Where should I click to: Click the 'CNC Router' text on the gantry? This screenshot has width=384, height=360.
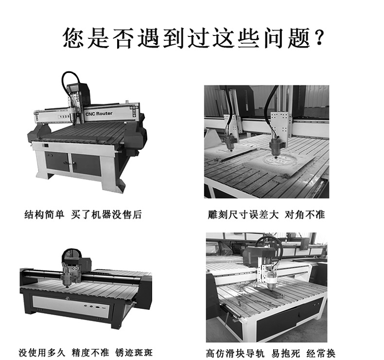99,113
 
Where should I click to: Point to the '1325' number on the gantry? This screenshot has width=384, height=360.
64,116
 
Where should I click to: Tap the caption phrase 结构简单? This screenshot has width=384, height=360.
44,214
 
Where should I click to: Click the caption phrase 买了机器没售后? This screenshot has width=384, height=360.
106,214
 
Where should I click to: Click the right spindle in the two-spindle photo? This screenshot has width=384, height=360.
276,145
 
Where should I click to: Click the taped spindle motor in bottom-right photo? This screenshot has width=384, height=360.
268,278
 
